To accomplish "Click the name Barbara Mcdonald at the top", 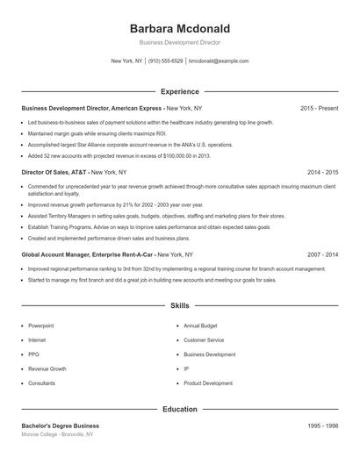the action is [x=179, y=27].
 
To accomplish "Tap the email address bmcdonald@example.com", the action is [x=219, y=61].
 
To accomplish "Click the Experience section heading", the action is [x=180, y=91].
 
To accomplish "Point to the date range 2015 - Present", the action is [x=319, y=108].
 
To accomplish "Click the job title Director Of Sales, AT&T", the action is [x=54, y=173].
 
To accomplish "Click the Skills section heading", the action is [x=180, y=306].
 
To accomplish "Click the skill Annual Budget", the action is [x=200, y=325].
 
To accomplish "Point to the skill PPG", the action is [x=34, y=354].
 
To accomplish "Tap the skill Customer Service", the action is [x=204, y=340].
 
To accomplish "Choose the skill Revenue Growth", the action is [x=47, y=369].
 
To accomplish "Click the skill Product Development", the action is [x=208, y=383].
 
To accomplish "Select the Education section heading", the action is [x=180, y=409].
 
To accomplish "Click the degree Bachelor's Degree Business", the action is [x=60, y=426].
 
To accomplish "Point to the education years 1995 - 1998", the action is [x=322, y=426].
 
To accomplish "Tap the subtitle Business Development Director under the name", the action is [x=179, y=42].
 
